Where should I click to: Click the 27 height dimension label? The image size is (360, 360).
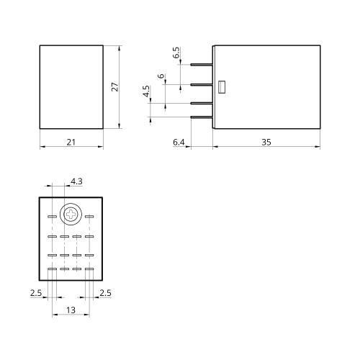pos(115,86)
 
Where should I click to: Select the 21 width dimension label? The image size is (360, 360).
pos(71,142)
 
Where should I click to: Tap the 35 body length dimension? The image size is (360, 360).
pos(266,142)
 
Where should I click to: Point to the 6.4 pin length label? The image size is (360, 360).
pos(179,142)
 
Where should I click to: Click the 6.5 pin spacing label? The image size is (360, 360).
pos(176,53)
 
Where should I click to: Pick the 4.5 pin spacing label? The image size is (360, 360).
pos(146,91)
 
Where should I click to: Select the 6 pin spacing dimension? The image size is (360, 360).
pos(161,76)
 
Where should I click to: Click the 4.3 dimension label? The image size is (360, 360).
pos(76,181)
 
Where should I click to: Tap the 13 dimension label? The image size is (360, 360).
pos(71,310)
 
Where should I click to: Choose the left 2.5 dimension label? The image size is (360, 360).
pos(36,293)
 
